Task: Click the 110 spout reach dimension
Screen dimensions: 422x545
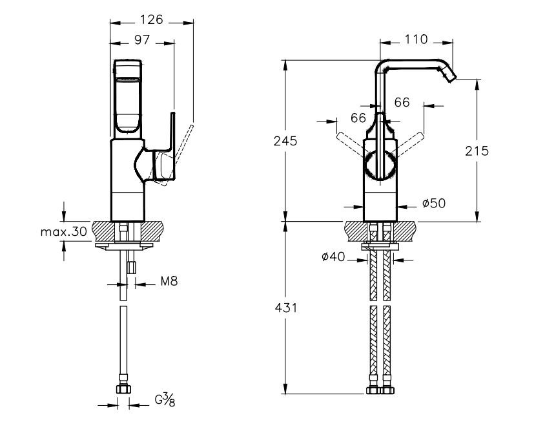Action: coord(416,40)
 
